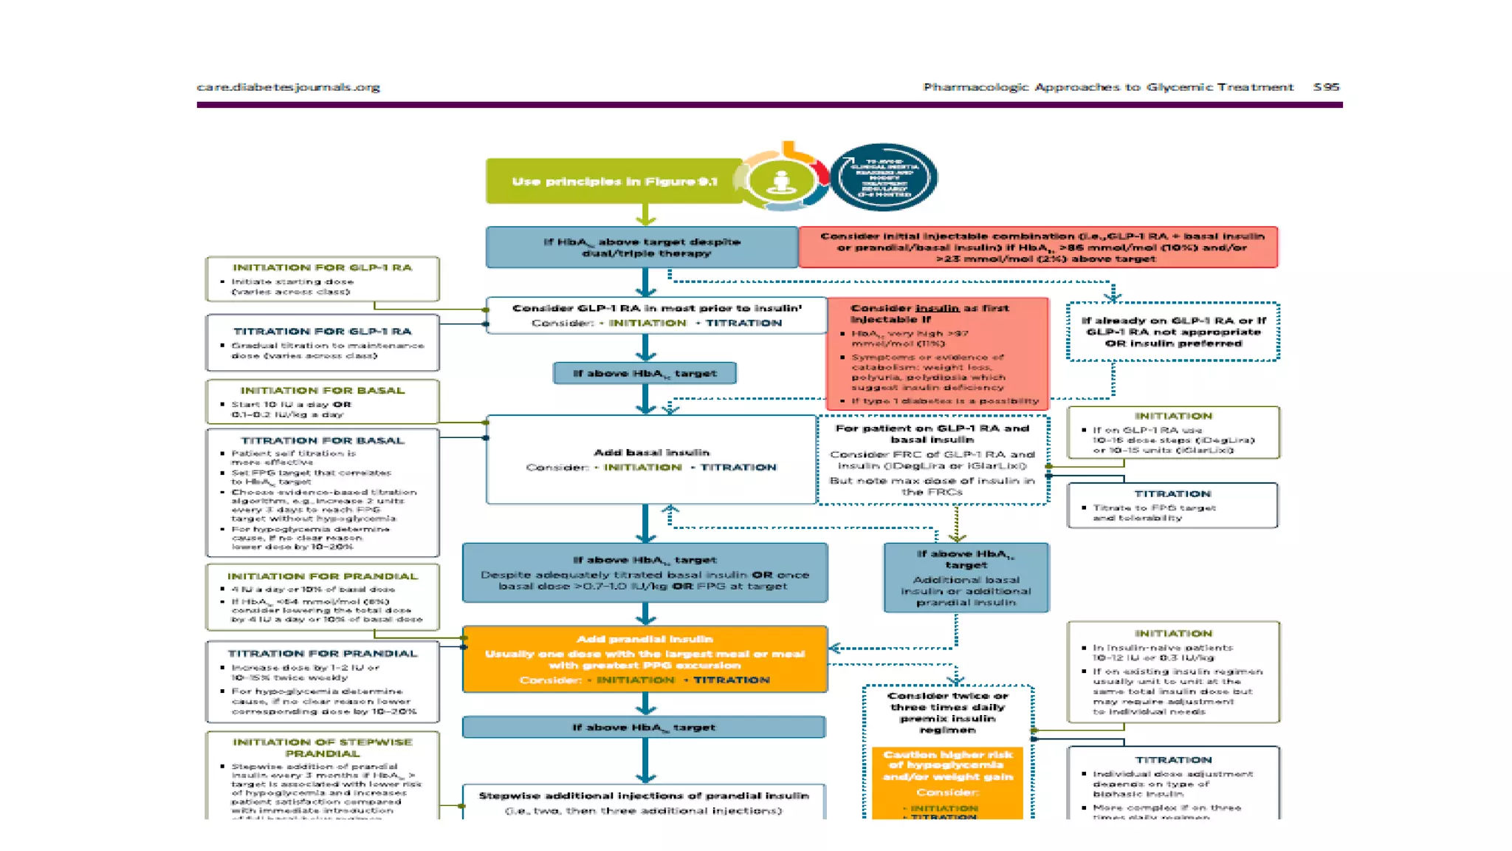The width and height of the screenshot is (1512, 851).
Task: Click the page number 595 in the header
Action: [x=1326, y=87]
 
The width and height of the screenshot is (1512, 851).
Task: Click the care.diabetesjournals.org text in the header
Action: [x=288, y=87]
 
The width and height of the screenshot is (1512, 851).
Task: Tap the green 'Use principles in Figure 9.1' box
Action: [x=614, y=181]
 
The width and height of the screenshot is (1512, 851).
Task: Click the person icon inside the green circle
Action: [x=781, y=180]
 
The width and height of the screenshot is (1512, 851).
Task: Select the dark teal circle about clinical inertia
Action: [x=884, y=178]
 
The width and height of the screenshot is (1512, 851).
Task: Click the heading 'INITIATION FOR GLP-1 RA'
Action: [x=322, y=267]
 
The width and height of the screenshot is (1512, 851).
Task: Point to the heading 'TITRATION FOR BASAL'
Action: [x=323, y=440]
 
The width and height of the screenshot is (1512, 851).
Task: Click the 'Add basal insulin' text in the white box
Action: [x=651, y=452]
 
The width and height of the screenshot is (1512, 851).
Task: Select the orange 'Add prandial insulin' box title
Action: [x=645, y=639]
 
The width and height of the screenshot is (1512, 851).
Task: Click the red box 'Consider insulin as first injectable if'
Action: [x=936, y=353]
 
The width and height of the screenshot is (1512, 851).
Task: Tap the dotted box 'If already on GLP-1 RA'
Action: [x=1173, y=332]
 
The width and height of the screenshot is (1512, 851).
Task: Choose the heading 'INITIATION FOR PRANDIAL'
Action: [x=323, y=576]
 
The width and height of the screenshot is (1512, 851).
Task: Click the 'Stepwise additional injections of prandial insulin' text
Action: [x=644, y=796]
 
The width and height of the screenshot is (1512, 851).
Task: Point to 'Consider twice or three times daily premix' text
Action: [x=947, y=712]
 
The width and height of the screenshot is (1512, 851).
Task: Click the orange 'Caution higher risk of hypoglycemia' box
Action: [x=947, y=766]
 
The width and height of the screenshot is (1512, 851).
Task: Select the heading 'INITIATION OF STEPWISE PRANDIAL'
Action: [x=323, y=748]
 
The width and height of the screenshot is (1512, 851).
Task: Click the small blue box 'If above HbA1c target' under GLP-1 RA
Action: [x=645, y=373]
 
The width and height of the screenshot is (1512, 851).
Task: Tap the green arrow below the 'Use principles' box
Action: [x=646, y=215]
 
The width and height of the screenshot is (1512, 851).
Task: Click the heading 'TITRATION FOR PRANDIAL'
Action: [x=323, y=654]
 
